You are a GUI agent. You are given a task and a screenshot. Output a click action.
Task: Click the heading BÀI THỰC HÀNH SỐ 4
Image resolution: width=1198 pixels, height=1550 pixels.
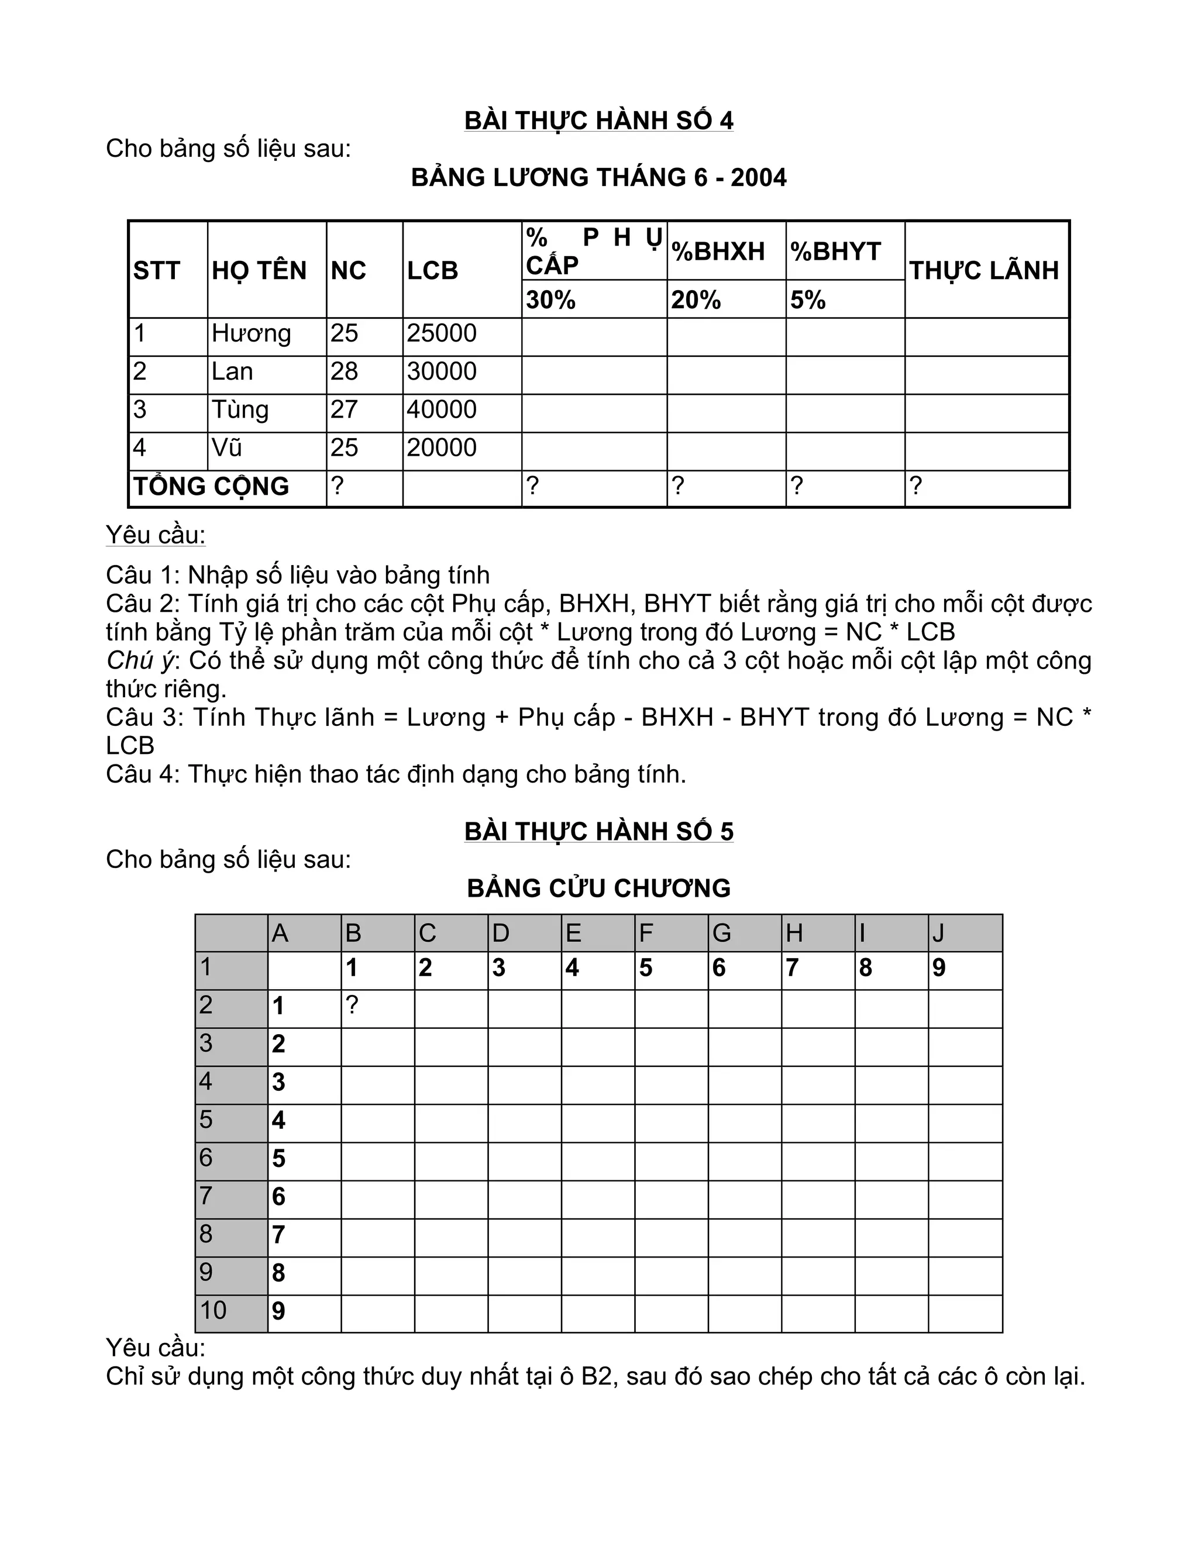598,120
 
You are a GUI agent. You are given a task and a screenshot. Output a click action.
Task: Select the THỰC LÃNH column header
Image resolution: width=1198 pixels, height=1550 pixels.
984,270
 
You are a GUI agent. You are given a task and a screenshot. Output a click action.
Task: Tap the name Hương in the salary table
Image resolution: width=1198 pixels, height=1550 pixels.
251,333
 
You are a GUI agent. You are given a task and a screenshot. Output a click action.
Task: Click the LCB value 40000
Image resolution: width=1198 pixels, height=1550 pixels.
442,409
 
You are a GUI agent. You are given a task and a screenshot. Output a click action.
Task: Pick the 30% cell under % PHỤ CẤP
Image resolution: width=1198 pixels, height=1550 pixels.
550,300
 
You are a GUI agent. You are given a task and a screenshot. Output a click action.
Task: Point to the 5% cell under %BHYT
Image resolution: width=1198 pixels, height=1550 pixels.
808,300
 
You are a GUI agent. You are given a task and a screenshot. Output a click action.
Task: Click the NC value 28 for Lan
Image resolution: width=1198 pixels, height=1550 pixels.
344,371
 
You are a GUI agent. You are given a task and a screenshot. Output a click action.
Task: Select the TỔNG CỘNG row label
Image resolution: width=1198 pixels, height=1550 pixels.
212,486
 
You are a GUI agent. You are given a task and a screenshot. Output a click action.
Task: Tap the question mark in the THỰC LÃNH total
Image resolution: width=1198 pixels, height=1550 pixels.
915,486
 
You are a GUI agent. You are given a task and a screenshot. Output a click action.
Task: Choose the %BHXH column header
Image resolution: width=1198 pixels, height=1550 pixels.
718,252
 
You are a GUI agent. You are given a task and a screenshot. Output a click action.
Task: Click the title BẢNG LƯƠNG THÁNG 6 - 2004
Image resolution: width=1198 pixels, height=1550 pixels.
598,177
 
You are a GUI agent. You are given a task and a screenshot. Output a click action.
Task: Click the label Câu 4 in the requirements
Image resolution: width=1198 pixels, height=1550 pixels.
140,774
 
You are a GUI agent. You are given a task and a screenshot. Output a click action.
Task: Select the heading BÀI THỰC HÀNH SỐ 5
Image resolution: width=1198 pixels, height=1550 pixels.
598,831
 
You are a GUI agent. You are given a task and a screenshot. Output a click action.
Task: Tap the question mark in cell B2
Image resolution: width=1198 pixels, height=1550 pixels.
352,1005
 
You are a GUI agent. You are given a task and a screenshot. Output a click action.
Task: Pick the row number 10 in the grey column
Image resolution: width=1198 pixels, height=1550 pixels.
213,1310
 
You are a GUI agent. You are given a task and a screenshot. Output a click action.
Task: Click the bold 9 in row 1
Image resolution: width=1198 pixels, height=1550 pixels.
938,968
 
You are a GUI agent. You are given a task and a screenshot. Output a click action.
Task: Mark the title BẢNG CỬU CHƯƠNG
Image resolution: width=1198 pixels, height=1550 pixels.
598,888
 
